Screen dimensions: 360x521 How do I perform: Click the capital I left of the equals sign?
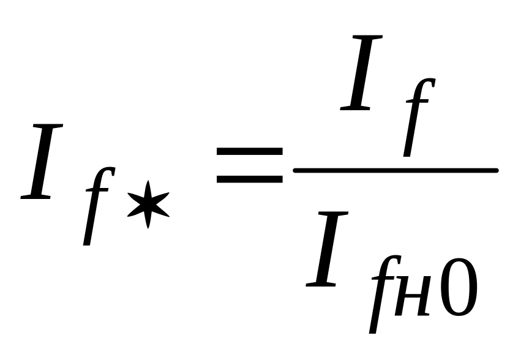click(43, 162)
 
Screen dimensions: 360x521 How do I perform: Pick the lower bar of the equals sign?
click(249, 179)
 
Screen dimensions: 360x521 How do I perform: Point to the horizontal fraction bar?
click(395, 170)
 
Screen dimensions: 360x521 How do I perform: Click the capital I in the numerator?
click(364, 73)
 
